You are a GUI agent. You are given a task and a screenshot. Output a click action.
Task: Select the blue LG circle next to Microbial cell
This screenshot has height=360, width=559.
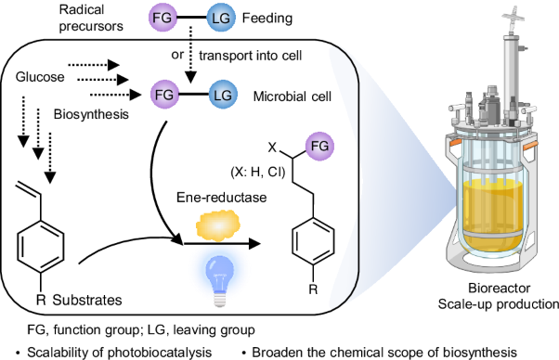point(222,94)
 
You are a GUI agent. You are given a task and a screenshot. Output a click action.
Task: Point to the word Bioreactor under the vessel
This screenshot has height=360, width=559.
point(494,288)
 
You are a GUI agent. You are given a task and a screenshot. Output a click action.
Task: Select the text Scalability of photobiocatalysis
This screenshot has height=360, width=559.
point(110,352)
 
